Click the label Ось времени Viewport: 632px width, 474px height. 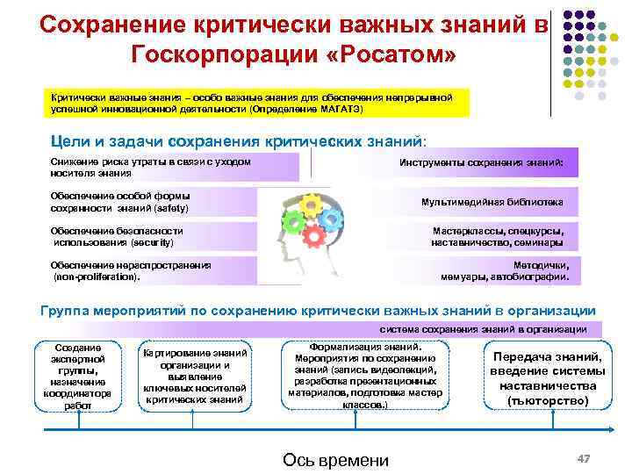pos(334,461)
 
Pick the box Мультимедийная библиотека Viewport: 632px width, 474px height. pos(492,202)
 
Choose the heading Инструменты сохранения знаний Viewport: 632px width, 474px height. pos(488,163)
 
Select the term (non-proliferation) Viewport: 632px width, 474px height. pos(97,276)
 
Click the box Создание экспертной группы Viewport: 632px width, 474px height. pos(78,376)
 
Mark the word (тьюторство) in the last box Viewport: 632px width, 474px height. pos(548,400)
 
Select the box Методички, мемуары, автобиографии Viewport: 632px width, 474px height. pos(509,270)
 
